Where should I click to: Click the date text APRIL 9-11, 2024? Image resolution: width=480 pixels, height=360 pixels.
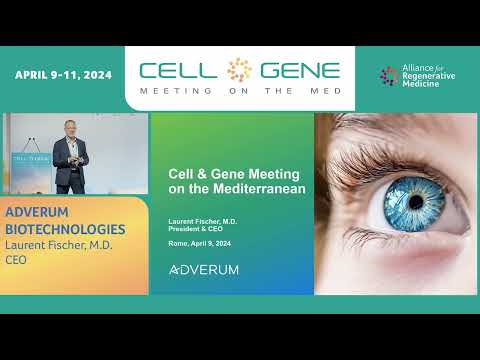(x=63, y=75)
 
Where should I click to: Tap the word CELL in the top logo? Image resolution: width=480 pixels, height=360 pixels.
(x=179, y=71)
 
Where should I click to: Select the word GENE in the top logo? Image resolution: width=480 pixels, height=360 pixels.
(x=300, y=71)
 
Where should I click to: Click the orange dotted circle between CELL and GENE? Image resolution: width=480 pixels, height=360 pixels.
(x=240, y=70)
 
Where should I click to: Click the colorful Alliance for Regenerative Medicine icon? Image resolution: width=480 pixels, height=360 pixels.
(x=389, y=76)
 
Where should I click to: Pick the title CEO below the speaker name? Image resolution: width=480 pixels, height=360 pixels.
(x=17, y=261)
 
